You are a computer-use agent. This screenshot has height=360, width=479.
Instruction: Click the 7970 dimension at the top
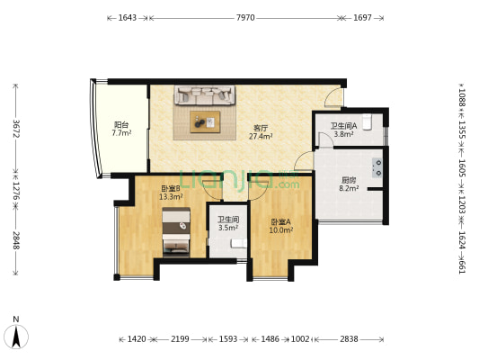point(245,17)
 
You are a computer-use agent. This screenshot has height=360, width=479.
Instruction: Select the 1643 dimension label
point(128,17)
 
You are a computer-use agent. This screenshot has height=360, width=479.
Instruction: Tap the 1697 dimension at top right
point(362,17)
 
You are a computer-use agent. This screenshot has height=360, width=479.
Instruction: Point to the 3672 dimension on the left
point(15,125)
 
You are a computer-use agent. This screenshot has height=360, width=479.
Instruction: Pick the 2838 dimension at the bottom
point(349,339)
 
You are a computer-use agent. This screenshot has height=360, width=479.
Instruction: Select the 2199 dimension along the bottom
point(180,339)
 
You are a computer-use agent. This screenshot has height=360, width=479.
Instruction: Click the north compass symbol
point(16,334)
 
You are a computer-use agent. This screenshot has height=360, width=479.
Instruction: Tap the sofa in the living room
point(205,94)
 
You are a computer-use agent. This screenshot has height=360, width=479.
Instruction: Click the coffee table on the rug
point(205,120)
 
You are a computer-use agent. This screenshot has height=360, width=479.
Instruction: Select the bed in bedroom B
point(176,233)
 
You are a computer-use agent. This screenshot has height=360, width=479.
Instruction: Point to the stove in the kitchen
point(377,166)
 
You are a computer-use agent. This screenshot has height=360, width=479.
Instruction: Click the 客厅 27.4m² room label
point(261,132)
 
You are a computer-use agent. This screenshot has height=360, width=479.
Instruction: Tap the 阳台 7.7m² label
point(121,129)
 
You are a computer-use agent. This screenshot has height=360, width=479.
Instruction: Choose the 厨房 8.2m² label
point(349,184)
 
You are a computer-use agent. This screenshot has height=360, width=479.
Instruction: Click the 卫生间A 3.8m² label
point(343,130)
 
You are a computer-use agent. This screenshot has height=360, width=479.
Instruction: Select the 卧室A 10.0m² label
point(280,226)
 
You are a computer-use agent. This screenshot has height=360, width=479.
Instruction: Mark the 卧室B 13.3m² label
point(171,193)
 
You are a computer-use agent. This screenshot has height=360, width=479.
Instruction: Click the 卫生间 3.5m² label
point(227,223)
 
